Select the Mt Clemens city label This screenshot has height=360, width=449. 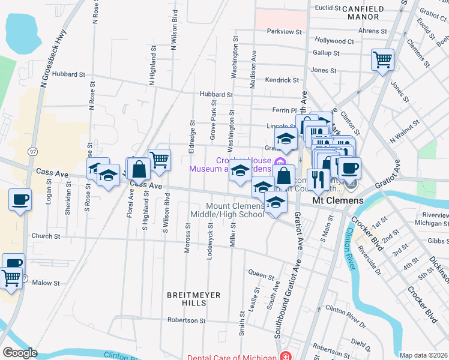[338, 200]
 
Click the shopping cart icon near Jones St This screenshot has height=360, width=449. [382, 60]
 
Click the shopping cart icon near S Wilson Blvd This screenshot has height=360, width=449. [160, 160]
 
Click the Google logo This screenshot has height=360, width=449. [20, 353]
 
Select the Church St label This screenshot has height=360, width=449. [46, 236]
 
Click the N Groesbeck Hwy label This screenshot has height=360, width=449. [44, 65]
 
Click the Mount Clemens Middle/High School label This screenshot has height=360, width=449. [227, 210]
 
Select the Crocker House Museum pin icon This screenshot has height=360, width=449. [279, 162]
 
